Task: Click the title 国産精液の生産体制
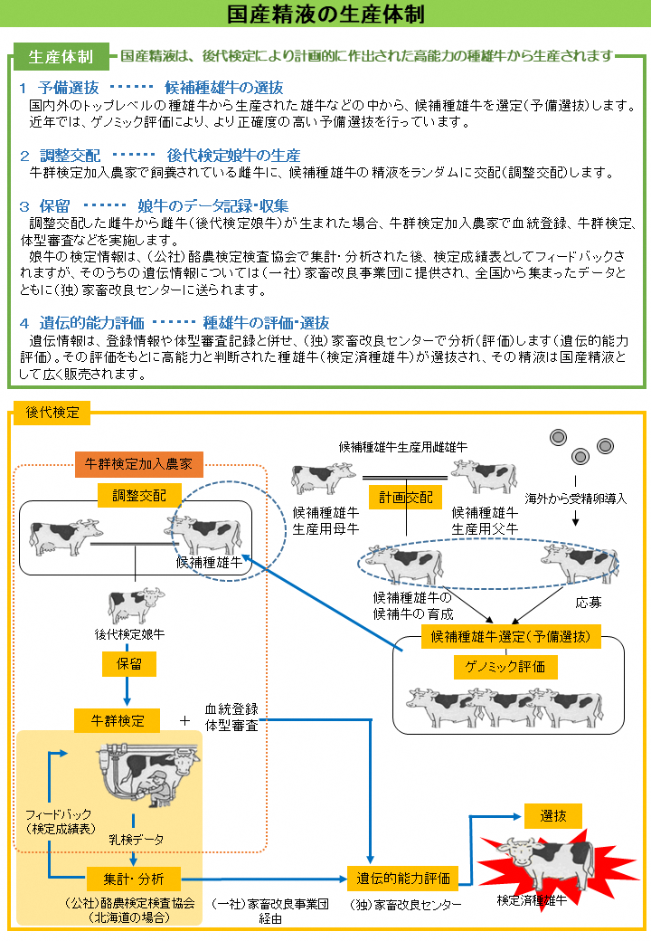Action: (x=325, y=15)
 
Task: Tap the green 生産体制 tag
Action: (x=61, y=56)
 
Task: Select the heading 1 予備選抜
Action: (x=60, y=88)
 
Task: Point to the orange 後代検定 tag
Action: (x=52, y=413)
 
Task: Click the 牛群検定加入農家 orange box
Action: (x=138, y=464)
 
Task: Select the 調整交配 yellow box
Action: (x=138, y=495)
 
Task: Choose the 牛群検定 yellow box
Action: (x=117, y=720)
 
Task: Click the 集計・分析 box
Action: (x=134, y=878)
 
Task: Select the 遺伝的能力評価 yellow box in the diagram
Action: (x=402, y=878)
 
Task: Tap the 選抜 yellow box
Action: (x=552, y=815)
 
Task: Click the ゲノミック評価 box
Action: (x=505, y=667)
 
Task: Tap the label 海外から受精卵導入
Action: (x=576, y=499)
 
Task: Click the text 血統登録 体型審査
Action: (x=231, y=716)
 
